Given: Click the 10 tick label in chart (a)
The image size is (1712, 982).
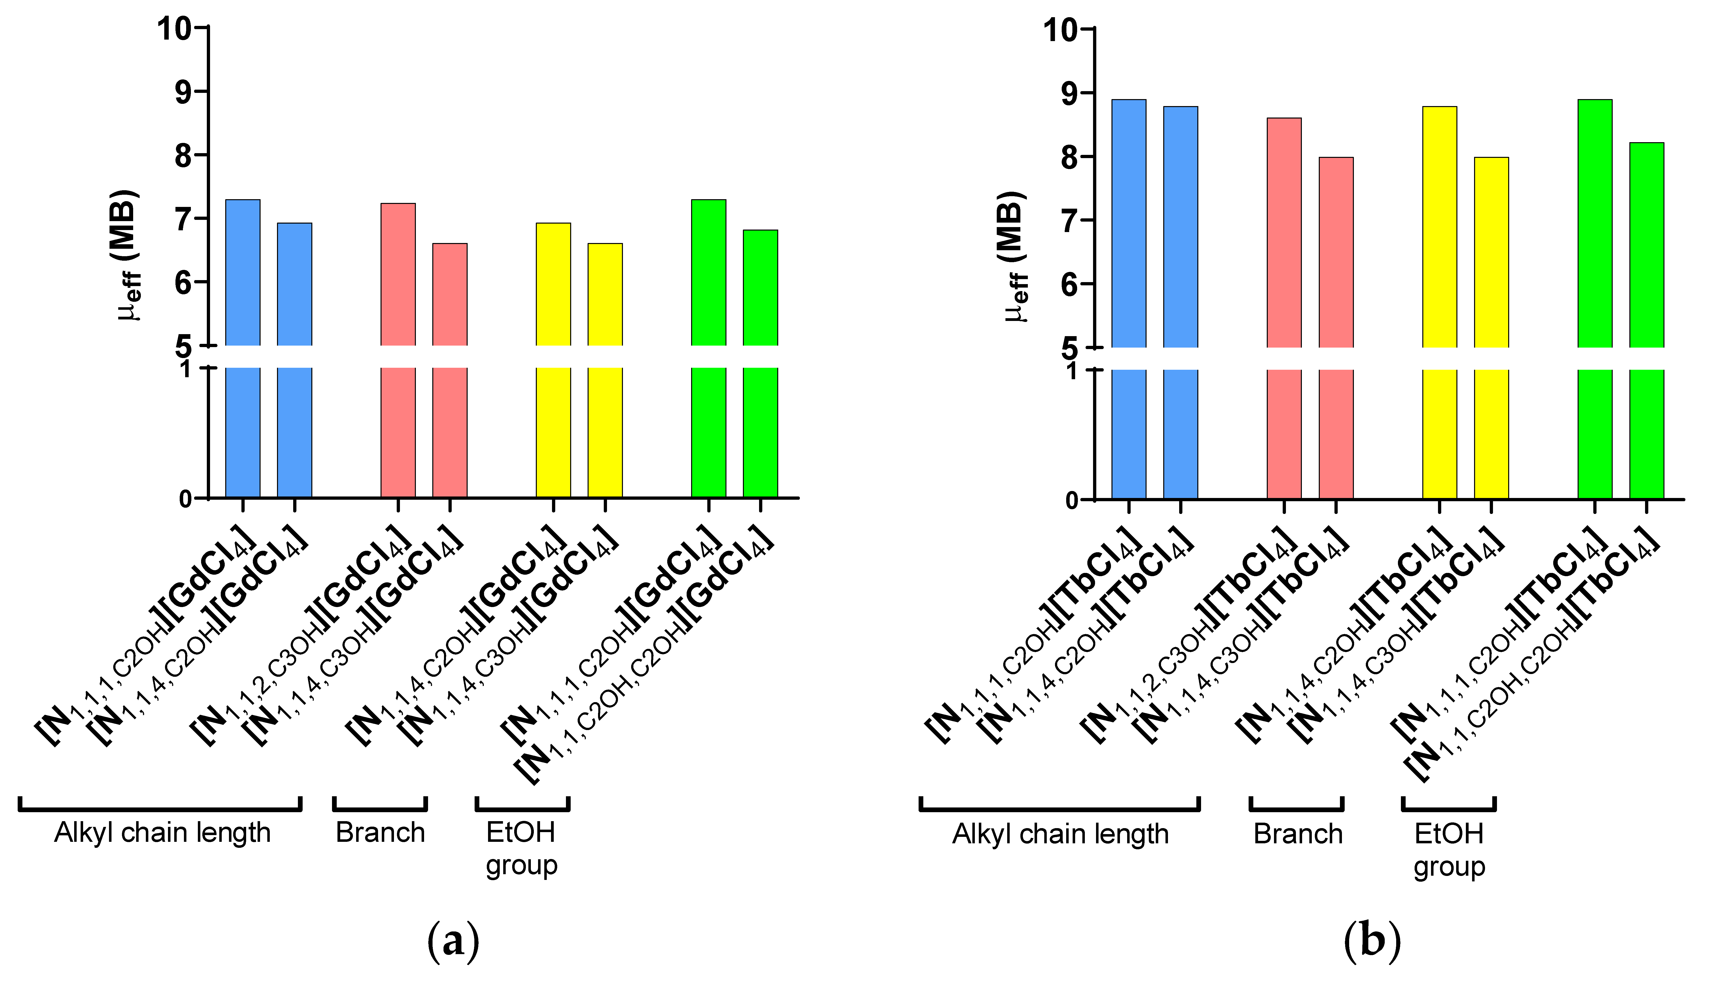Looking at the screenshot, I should tap(174, 28).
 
